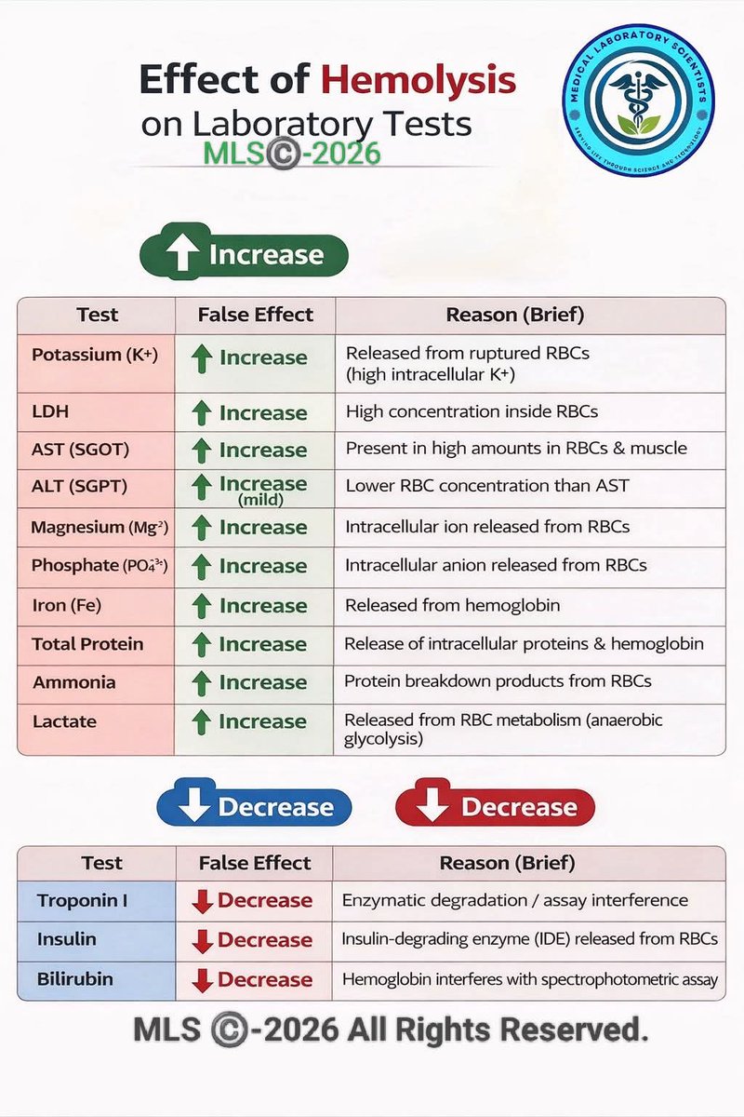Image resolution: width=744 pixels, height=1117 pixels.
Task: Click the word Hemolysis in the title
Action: pos(418,81)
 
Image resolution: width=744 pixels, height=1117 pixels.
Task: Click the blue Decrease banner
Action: pos(254,807)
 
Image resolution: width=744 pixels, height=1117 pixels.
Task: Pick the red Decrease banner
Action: pos(495,807)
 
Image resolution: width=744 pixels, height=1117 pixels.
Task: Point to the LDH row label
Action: pos(50,411)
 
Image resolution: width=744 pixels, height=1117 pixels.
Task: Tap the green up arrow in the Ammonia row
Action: pos(201,683)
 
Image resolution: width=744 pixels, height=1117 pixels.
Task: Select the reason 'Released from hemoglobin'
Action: pos(452,605)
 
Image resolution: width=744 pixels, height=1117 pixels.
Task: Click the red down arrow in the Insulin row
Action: pos(202,941)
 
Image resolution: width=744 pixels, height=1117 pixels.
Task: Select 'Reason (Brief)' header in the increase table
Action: pos(514,315)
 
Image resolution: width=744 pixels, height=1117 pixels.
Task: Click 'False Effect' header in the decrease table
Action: pos(254,863)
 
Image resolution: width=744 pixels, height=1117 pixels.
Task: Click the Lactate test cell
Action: pos(65,721)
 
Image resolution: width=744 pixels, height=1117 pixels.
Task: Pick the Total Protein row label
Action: pos(87,644)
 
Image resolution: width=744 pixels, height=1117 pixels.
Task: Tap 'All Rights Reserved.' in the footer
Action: pos(498,1030)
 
